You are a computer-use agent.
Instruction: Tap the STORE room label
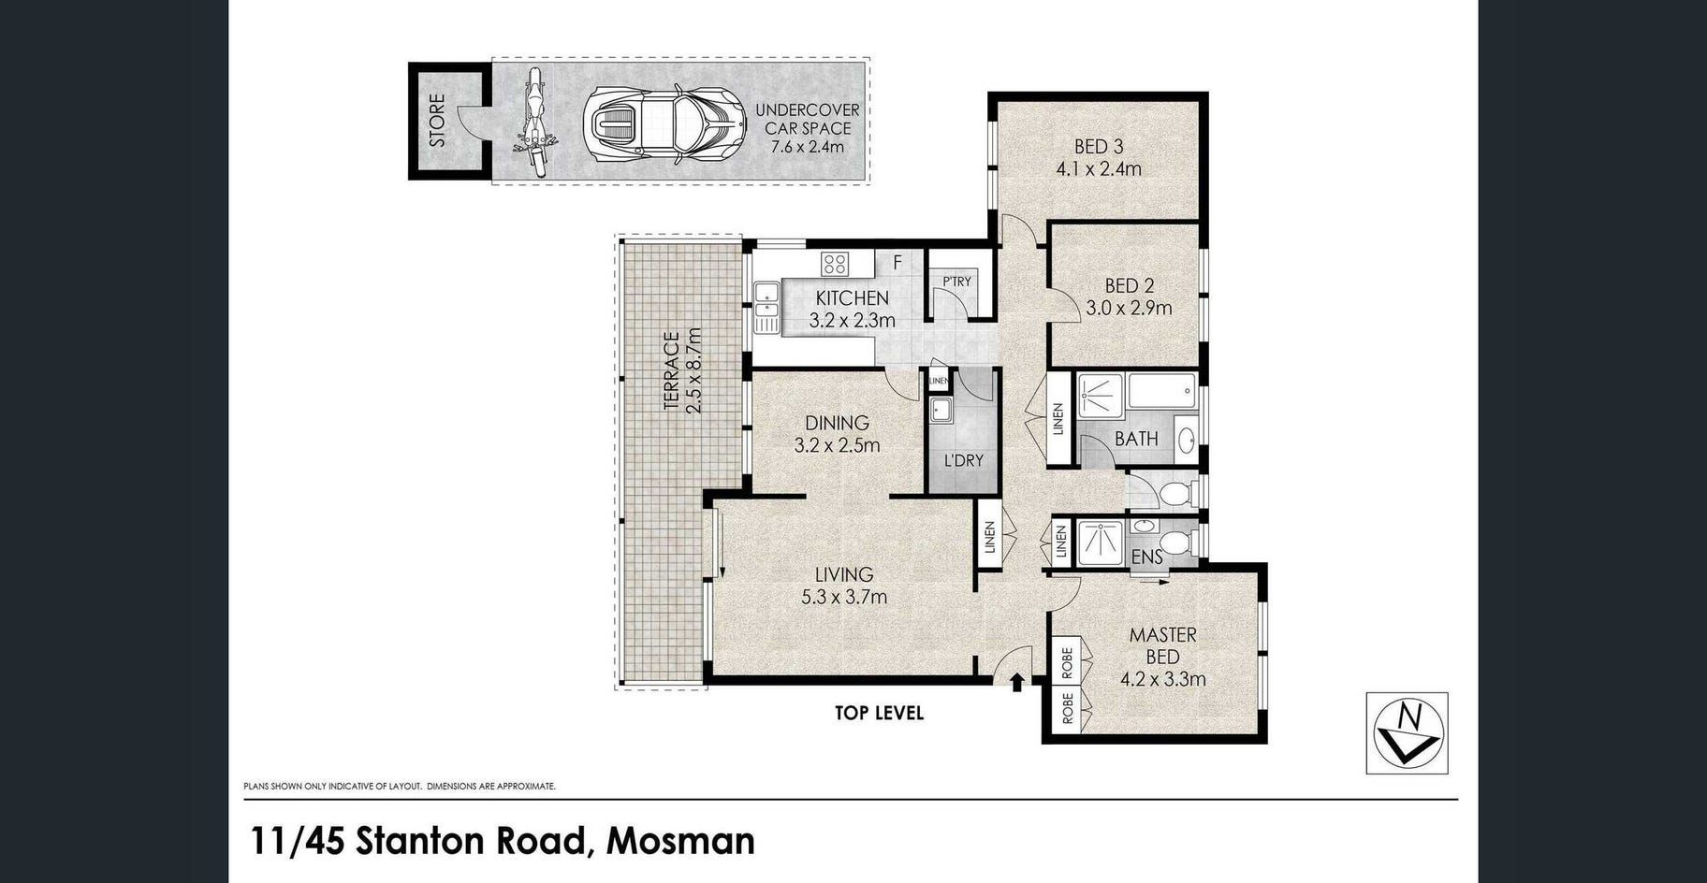(437, 120)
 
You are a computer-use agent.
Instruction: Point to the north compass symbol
(1408, 732)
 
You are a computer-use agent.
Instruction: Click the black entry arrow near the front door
(1017, 682)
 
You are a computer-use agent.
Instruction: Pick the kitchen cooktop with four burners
(835, 264)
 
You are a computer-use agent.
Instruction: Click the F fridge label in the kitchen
(897, 264)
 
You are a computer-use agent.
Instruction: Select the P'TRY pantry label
(956, 281)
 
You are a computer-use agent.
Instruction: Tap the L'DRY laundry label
(963, 460)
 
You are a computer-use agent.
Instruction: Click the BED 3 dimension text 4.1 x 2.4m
(1099, 169)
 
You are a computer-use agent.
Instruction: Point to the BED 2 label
(1129, 286)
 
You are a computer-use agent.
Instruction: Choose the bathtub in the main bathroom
(1162, 390)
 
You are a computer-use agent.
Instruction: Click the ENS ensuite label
(1147, 557)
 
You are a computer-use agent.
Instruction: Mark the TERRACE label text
(671, 370)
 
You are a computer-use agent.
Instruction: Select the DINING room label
(837, 424)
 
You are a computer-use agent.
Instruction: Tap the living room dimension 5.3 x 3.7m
(844, 597)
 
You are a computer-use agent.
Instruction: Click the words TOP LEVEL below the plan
(879, 714)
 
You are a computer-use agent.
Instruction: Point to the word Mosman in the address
(680, 841)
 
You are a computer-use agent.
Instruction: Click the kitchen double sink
(766, 307)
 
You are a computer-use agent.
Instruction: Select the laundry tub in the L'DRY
(941, 410)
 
